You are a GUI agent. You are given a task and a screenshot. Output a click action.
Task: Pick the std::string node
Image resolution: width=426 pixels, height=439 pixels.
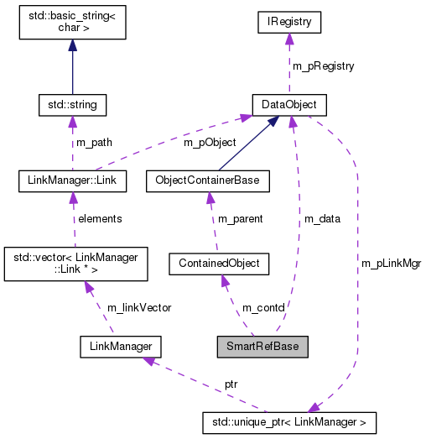point(72,105)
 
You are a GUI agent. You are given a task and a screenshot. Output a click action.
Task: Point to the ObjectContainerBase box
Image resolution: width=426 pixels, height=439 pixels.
point(207,180)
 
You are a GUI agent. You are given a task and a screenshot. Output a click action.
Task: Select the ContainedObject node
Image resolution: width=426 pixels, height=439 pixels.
point(218,264)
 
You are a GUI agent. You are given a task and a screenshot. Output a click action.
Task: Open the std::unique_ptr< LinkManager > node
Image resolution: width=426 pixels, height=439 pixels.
point(289,421)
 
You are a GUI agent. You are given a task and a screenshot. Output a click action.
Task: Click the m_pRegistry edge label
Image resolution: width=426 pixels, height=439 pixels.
point(323,66)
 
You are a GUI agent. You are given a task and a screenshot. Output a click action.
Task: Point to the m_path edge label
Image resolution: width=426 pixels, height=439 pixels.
point(95,142)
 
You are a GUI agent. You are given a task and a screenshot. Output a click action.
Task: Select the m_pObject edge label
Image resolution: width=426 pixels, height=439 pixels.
point(210,142)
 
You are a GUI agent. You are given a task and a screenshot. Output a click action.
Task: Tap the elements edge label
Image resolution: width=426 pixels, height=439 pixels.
point(100,218)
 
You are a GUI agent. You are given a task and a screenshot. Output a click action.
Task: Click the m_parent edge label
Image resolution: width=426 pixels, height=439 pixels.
point(240,218)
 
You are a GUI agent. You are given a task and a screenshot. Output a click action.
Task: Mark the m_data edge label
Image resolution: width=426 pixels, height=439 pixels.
point(322,218)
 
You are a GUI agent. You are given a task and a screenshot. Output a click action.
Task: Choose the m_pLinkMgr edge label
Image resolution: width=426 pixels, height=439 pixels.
point(391,263)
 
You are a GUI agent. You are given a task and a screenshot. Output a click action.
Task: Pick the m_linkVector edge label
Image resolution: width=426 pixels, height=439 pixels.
point(138,308)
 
